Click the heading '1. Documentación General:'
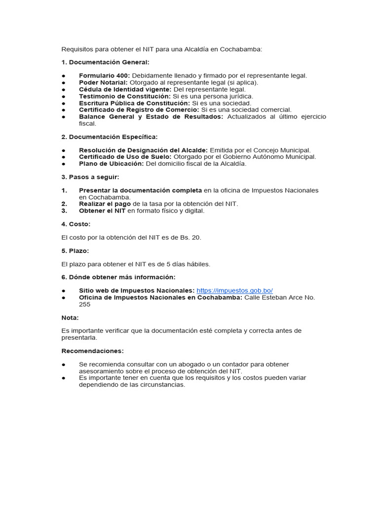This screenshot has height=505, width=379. (105, 62)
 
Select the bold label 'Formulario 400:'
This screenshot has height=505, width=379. (104, 75)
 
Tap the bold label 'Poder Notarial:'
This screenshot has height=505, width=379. (103, 82)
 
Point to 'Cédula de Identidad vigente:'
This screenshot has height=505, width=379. (125, 89)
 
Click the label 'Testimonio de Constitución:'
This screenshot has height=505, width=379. (124, 96)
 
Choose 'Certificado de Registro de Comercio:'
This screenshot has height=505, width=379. (139, 109)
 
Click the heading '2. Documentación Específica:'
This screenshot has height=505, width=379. (110, 137)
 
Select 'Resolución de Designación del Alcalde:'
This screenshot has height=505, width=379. (143, 150)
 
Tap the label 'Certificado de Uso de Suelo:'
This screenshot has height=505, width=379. (125, 157)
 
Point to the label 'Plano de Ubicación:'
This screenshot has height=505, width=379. (111, 164)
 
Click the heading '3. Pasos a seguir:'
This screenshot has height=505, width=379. (90, 177)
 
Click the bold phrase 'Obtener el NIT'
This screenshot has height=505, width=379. (102, 211)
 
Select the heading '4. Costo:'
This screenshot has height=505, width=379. (76, 224)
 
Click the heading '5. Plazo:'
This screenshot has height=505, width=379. (75, 251)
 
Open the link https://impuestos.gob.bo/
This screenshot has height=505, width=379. (234, 290)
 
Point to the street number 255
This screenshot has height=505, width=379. (84, 304)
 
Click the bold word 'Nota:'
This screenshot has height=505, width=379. (70, 318)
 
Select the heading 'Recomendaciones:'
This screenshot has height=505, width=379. (92, 351)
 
